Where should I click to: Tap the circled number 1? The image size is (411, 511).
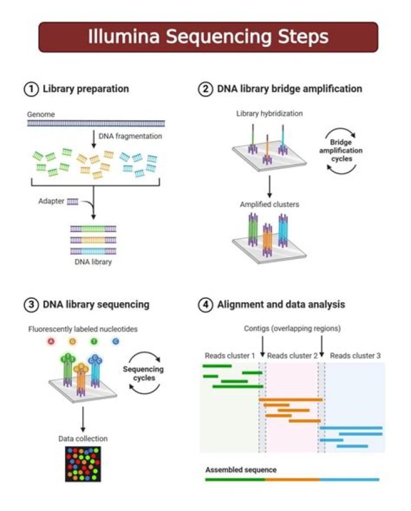(x=31, y=89)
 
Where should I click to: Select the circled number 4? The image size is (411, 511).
(x=206, y=304)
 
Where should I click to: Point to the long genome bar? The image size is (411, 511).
(x=96, y=123)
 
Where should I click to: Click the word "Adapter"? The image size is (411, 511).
(x=51, y=201)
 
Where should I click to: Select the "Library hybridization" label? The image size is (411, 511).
(x=269, y=114)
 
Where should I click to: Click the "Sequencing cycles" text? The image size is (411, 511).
(x=143, y=374)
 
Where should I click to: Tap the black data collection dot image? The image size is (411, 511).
(x=83, y=463)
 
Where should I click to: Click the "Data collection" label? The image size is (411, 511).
(x=83, y=439)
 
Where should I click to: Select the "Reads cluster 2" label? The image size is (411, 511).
(x=292, y=356)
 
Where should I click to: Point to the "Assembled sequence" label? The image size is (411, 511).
(x=241, y=470)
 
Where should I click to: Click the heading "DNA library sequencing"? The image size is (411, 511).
(x=96, y=305)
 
